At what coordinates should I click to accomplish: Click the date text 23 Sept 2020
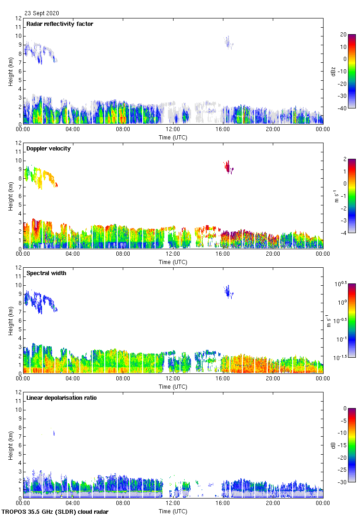[x=42, y=13]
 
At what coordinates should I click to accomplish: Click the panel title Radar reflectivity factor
[x=60, y=24]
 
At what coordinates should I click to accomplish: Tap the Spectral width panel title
[x=46, y=273]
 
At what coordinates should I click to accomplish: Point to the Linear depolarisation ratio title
[x=61, y=398]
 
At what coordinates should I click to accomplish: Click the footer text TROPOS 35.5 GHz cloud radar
[x=55, y=512]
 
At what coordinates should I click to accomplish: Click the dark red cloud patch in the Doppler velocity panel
[x=228, y=167]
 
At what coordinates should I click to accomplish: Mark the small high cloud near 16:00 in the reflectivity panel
[x=228, y=43]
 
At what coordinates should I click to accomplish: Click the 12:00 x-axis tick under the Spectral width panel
[x=173, y=378]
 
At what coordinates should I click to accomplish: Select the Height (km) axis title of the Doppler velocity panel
[x=11, y=196]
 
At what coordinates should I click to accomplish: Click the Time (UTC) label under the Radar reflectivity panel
[x=173, y=137]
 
